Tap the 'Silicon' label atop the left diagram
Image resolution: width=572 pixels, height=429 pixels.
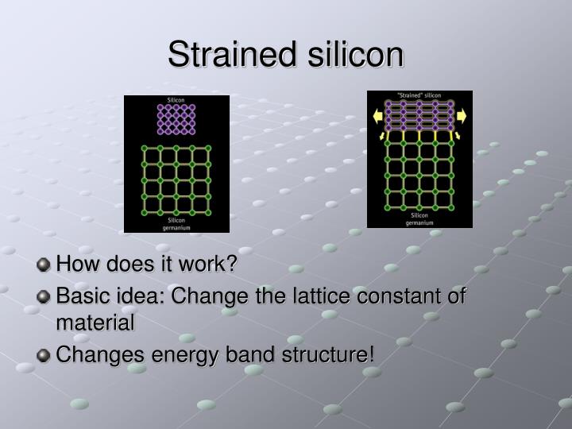(x=176, y=100)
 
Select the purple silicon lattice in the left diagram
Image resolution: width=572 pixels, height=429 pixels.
(x=176, y=120)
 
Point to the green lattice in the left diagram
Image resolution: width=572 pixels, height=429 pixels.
(x=176, y=180)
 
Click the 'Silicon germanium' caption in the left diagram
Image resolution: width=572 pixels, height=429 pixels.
(x=176, y=223)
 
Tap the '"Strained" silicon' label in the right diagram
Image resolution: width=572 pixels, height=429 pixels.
(x=419, y=95)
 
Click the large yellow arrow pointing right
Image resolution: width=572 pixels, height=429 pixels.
(x=462, y=116)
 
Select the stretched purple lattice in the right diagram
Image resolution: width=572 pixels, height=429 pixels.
(x=419, y=116)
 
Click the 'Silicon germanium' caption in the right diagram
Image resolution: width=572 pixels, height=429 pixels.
(x=419, y=218)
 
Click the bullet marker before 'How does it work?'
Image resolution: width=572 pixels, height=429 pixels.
(x=44, y=264)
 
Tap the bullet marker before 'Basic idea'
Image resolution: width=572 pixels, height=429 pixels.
(x=44, y=297)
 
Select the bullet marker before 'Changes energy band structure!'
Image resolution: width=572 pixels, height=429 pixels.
(x=44, y=354)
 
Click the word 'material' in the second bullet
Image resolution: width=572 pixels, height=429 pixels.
(x=95, y=323)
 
